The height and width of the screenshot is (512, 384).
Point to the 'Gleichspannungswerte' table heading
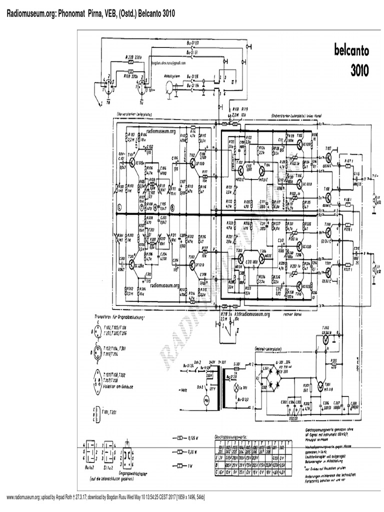(232, 436)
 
